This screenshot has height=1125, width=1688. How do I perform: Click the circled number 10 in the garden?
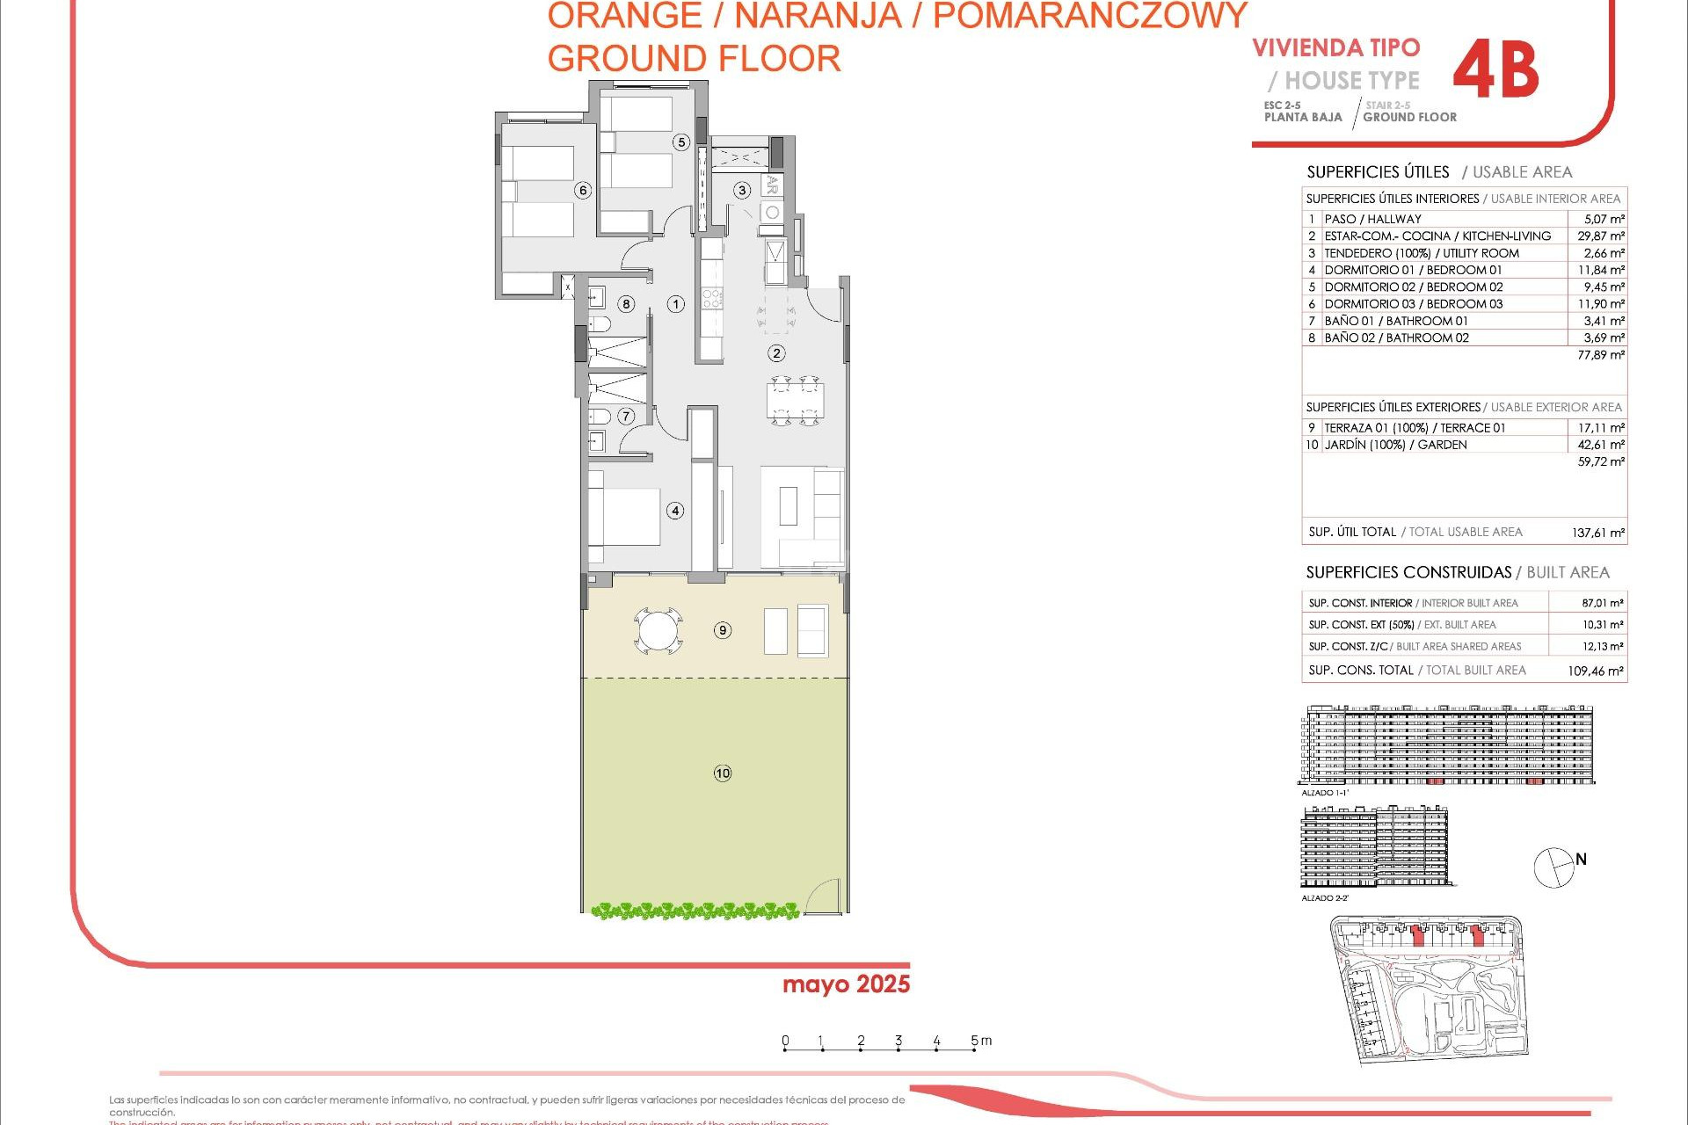coord(723,773)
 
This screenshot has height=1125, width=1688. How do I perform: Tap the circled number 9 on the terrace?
coord(723,630)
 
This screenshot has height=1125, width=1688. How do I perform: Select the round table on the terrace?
coord(658,630)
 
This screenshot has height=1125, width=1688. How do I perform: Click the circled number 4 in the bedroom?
coord(675,511)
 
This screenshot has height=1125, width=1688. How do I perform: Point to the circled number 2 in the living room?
coord(776,353)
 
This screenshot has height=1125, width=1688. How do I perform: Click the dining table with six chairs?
coord(795,401)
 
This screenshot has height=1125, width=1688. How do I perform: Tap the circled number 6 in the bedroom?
coord(582,191)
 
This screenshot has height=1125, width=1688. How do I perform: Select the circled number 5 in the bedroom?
coord(680,142)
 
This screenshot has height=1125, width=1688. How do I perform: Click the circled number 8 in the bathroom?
coord(626,304)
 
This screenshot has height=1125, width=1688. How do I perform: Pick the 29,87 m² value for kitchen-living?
coord(1600,236)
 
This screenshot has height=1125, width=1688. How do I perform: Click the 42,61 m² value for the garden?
coord(1600,445)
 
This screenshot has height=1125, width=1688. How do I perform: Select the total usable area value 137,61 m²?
coord(1597,533)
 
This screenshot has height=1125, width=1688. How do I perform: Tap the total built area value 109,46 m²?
coord(1595,671)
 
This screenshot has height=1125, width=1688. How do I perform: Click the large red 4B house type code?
coord(1495,70)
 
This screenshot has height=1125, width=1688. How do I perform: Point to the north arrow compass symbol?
coord(1554,867)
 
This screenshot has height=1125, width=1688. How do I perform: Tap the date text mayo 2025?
coord(846,984)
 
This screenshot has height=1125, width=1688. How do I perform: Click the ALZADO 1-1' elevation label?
coord(1325,793)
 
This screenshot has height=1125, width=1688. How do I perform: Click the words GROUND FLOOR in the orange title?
coord(694,59)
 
